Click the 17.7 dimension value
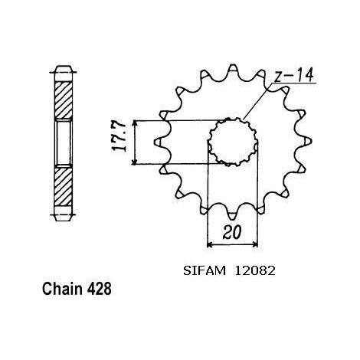(119, 137)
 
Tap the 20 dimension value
(232, 232)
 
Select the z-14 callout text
(293, 76)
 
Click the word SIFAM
(205, 271)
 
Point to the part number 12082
(255, 271)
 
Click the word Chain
(62, 289)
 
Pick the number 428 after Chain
(100, 289)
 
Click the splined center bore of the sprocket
(233, 142)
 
